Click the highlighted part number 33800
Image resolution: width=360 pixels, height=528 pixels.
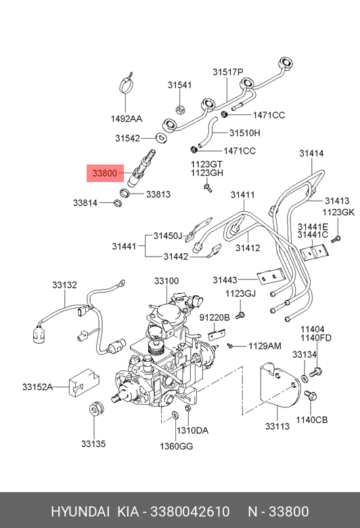[x=105, y=173]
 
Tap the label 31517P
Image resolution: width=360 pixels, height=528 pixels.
[x=228, y=72]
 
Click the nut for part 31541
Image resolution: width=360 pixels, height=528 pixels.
[x=180, y=109]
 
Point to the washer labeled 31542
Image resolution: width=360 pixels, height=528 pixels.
[x=162, y=137]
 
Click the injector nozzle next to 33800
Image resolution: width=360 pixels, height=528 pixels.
[x=142, y=167]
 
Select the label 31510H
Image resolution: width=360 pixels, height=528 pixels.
[x=245, y=133]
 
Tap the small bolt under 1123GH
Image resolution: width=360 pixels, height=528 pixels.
[x=208, y=188]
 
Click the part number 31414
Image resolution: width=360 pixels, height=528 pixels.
[x=311, y=153]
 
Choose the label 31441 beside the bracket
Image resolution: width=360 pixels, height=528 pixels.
[x=124, y=246]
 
